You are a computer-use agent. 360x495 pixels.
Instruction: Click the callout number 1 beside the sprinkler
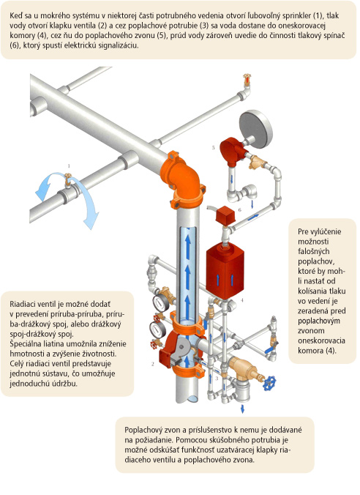pos(69,165)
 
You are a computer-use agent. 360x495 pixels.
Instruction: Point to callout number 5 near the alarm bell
pos(213,147)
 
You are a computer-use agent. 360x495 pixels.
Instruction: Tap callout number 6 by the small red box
pos(240,210)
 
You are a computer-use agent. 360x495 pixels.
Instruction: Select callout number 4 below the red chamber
pos(242,300)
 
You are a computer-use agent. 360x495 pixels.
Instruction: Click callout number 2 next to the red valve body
pos(153,364)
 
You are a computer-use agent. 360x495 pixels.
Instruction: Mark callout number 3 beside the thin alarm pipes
pos(217,378)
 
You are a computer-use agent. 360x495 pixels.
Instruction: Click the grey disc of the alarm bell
pos(255,129)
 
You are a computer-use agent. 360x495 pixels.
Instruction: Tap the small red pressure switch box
pos(225,215)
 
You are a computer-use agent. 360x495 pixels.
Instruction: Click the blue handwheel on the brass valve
pos(269,383)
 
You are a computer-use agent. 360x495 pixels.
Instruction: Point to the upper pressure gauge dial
pos(160,302)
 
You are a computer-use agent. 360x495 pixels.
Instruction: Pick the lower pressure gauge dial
pos(157,330)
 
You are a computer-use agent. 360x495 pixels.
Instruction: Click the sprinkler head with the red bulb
pos(247,80)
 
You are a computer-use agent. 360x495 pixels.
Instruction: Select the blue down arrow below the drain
pos(242,409)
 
